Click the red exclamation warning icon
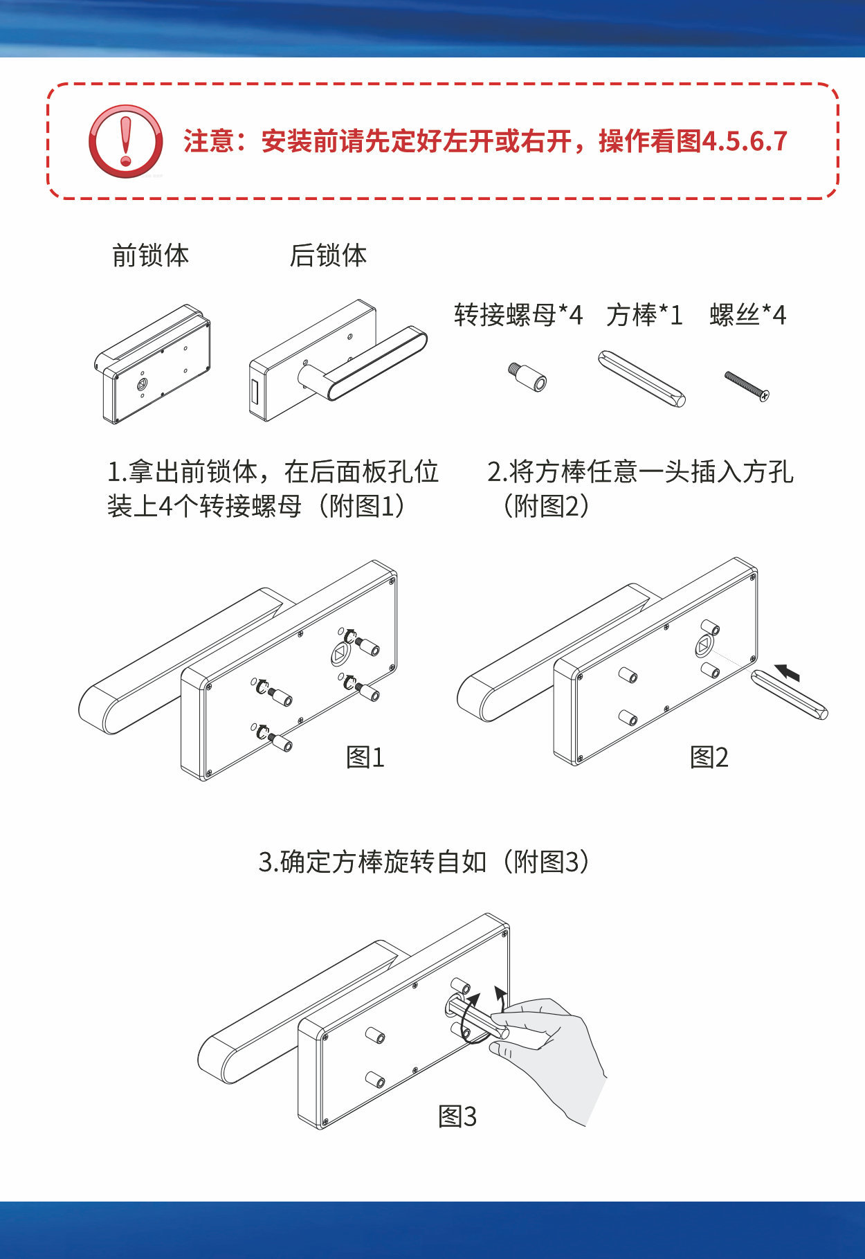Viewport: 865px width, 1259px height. tap(125, 141)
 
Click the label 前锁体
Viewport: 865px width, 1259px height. tap(150, 255)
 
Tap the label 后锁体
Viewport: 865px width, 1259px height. tap(328, 255)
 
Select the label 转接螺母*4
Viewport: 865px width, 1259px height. tap(518, 315)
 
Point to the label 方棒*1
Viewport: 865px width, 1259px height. tap(644, 315)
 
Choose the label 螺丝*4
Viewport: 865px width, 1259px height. tap(748, 315)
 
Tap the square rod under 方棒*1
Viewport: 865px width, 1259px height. tap(641, 379)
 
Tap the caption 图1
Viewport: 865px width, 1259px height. tap(365, 757)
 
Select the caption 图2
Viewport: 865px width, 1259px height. tap(709, 757)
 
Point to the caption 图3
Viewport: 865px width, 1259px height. tap(457, 1116)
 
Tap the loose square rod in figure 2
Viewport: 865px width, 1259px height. tap(789, 694)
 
